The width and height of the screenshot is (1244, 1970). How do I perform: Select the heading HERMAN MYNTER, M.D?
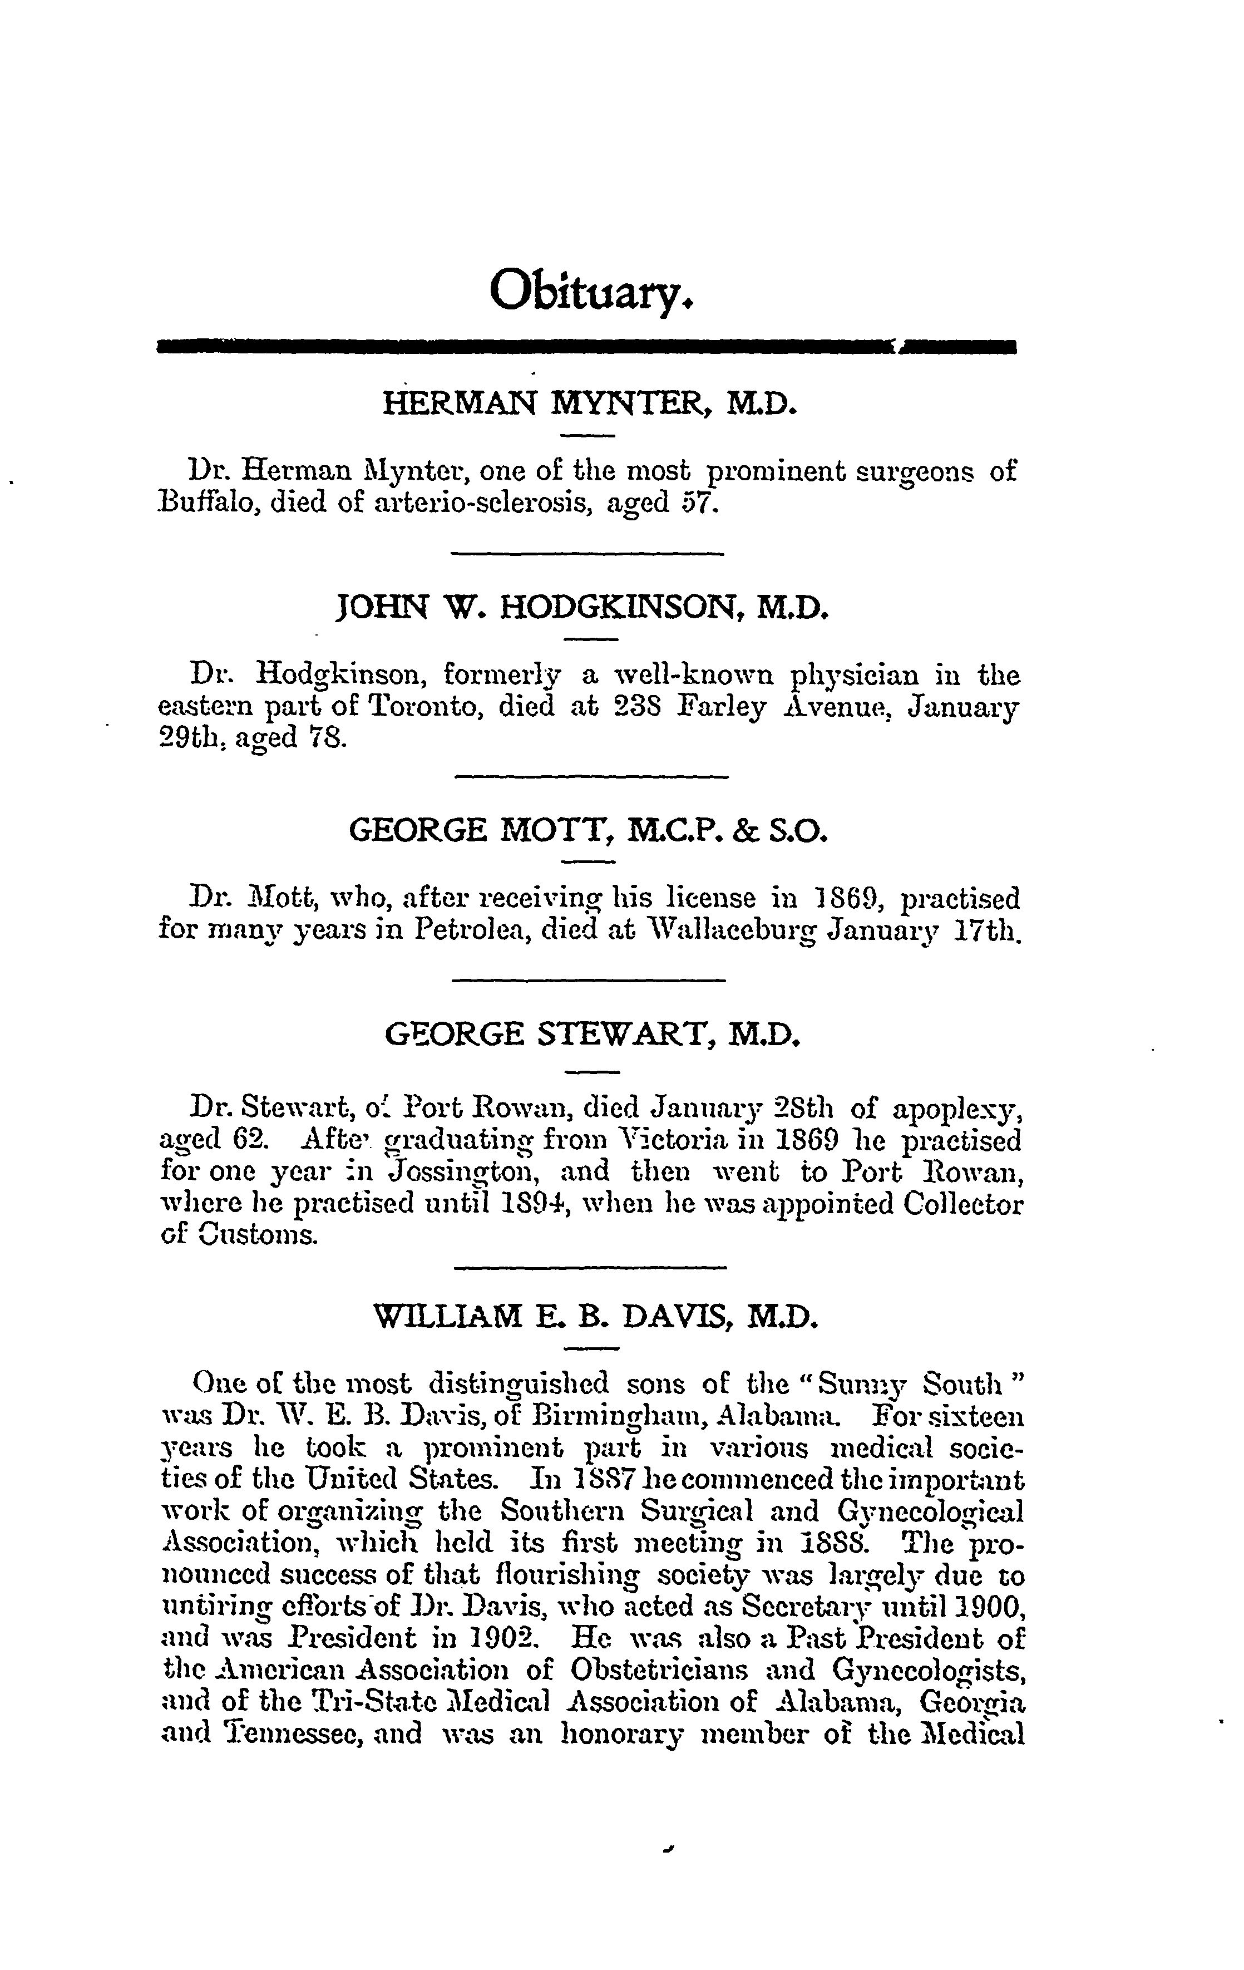589,403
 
